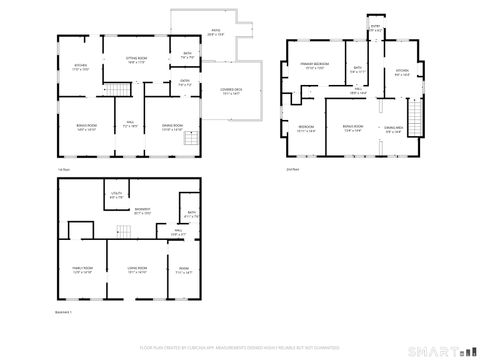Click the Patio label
click(x=215, y=32)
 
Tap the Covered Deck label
click(x=231, y=91)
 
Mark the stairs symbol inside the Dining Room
click(x=186, y=143)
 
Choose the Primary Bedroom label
click(x=315, y=66)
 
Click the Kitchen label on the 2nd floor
click(x=402, y=72)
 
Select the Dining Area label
click(x=393, y=128)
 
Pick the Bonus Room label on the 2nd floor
click(x=353, y=128)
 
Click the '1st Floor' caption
click(x=63, y=172)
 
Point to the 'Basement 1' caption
click(x=65, y=312)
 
